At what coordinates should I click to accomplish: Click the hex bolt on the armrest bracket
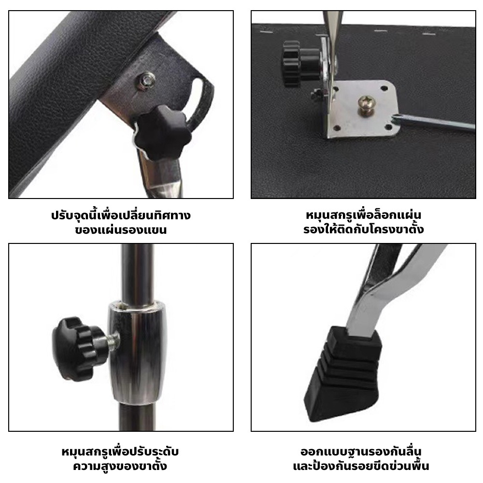pos(146,81)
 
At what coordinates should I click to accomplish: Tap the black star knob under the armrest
pos(162,132)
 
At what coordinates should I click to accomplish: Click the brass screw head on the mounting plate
pos(366,105)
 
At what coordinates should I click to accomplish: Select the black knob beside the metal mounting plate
pos(300,64)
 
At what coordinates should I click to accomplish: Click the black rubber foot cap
pos(343,373)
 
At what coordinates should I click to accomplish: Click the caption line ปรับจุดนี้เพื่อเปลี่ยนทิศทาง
pos(121,215)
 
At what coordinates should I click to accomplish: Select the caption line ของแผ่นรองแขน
pos(121,230)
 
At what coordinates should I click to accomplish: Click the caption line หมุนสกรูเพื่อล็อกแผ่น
pos(364,214)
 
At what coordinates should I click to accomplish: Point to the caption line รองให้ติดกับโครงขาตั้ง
pos(364,229)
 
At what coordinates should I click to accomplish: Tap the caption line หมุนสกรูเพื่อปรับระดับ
pos(120,452)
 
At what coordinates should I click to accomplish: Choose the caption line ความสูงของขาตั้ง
pos(120,466)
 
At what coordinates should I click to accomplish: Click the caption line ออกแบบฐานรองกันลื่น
pos(361,452)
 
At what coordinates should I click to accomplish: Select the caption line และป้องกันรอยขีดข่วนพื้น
pos(361,466)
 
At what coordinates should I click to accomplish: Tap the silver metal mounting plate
pos(364,109)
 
